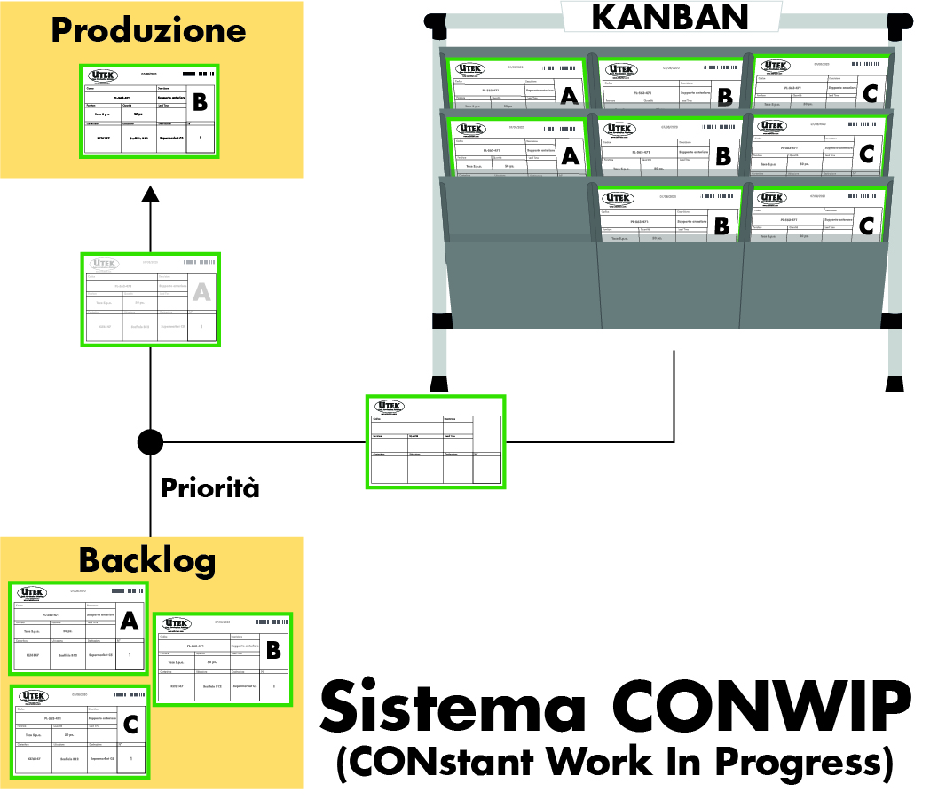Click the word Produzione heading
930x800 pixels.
(148, 30)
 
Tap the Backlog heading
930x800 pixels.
(147, 560)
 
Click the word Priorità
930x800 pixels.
(209, 487)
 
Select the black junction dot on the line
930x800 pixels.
(150, 440)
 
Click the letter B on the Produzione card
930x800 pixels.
(200, 103)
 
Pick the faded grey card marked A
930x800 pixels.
(151, 300)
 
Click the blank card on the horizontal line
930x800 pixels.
(436, 441)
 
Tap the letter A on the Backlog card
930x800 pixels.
(129, 621)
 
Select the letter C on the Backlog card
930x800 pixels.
(130, 725)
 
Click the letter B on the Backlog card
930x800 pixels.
(273, 651)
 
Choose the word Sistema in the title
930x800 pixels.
(453, 708)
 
